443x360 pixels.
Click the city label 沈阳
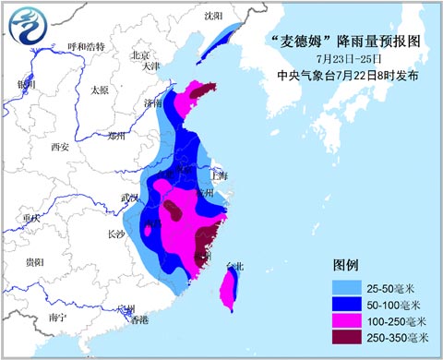pyautogui.click(x=213, y=17)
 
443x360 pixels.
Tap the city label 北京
pyautogui.click(x=140, y=54)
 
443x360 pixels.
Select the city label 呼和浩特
pyautogui.click(x=87, y=46)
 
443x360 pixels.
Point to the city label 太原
pyautogui.click(x=100, y=90)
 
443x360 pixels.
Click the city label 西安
pyautogui.click(x=60, y=147)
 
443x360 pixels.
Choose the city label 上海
pyautogui.click(x=219, y=174)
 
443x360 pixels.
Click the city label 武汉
pyautogui.click(x=129, y=200)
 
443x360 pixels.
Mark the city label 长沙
pyautogui.click(x=115, y=234)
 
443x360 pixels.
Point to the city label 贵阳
pyautogui.click(x=34, y=263)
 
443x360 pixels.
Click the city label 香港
pyautogui.click(x=138, y=320)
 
